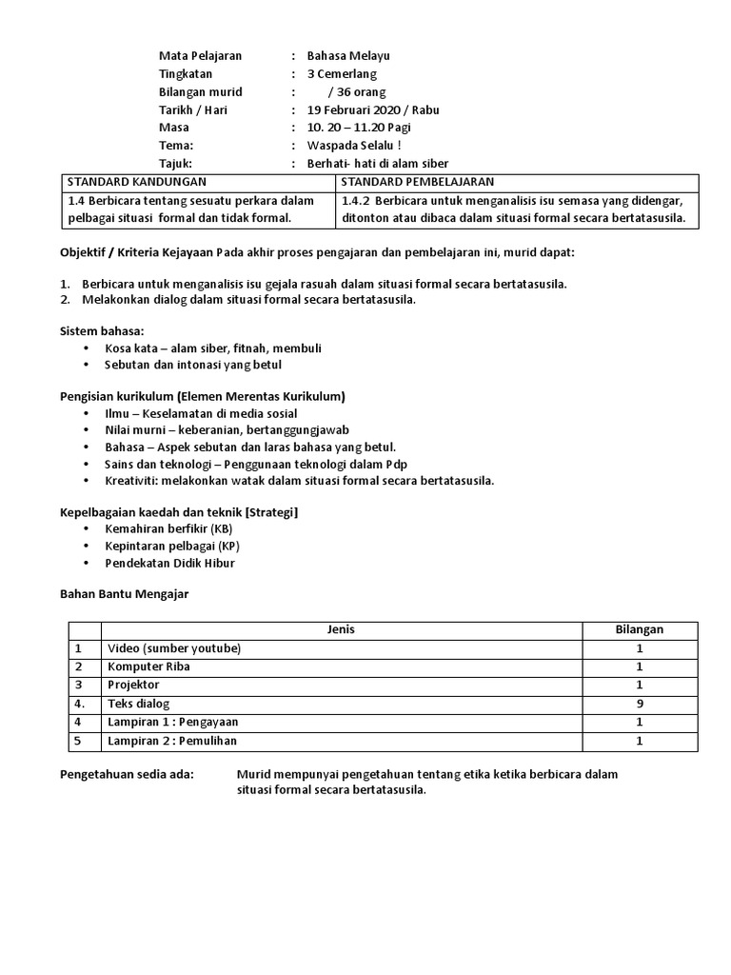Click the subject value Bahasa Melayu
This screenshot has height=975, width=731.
pos(348,55)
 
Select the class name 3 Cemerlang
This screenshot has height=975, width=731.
pos(342,73)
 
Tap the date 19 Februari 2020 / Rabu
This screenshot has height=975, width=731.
pos(373,109)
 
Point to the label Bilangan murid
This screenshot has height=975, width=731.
pos(201,91)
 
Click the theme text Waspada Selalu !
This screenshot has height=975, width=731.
pos(354,146)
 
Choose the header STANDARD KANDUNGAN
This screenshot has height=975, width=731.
pos(137,182)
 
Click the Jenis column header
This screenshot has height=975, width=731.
pos(341,629)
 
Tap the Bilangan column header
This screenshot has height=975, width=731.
pos(640,629)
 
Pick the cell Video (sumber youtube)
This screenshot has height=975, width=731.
pos(174,648)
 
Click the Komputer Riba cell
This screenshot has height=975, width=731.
pos(148,667)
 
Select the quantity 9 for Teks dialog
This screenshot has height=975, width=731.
pos(640,704)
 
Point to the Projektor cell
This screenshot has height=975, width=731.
pos(133,685)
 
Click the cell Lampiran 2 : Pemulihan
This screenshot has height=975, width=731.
pos(171,741)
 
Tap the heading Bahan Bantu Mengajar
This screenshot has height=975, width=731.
pos(124,593)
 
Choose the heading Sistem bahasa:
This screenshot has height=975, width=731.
pos(102,330)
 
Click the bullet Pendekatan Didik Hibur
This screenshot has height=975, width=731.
pos(169,563)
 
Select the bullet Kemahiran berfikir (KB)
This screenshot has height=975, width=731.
pos(168,528)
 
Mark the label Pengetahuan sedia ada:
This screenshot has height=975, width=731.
pos(127,774)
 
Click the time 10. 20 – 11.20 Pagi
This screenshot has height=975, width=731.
pos(359,128)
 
